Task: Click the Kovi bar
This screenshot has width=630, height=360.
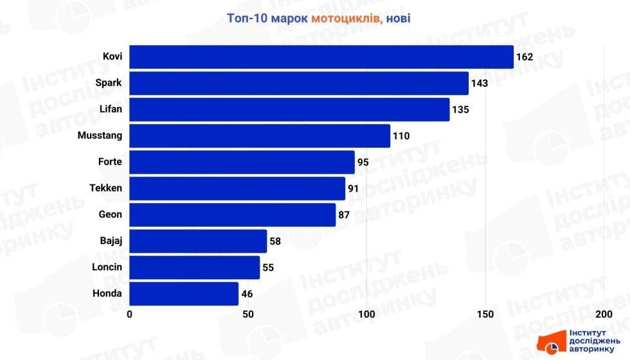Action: (321, 57)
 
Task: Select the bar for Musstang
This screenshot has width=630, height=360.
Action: (260, 136)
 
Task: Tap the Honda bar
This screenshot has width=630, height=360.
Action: (184, 294)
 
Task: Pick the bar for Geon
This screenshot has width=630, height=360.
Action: (233, 215)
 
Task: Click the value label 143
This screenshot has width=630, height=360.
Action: (480, 83)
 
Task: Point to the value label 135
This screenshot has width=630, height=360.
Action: (460, 109)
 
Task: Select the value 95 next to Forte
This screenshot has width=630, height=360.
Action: (363, 162)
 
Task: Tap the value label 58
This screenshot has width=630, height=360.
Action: (275, 241)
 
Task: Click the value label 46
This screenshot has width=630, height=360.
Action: (247, 294)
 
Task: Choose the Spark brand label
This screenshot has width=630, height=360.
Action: (108, 82)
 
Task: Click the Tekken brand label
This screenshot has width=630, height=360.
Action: (105, 188)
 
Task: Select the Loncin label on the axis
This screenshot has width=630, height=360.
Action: (107, 267)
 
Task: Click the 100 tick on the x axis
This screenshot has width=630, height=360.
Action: (366, 314)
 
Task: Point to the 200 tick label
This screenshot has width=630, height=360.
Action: (603, 314)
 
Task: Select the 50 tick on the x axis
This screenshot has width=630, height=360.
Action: (248, 314)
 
